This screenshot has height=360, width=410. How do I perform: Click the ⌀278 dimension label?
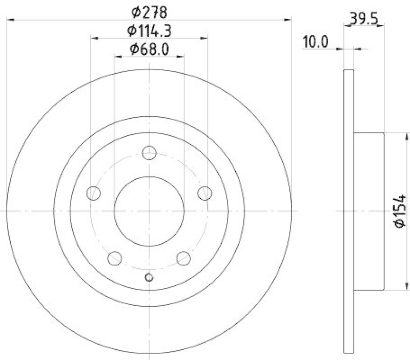[x=149, y=11]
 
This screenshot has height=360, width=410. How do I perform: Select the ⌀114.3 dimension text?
[x=149, y=31]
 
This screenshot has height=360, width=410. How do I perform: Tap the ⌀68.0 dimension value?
[x=149, y=49]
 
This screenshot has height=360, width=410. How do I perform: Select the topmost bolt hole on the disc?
[x=149, y=152]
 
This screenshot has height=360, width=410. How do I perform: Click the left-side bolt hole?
[x=93, y=193]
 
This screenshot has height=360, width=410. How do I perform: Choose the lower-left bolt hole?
[x=115, y=259]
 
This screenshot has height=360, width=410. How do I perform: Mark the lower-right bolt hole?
[x=183, y=259]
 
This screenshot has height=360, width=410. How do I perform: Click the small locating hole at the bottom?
[x=149, y=277]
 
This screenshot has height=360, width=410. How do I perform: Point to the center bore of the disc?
[x=149, y=211]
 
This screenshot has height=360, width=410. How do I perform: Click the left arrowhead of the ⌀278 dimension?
[x=10, y=19]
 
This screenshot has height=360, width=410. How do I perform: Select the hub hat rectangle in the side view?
[x=368, y=211]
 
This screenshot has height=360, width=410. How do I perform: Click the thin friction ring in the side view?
[x=348, y=211]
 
